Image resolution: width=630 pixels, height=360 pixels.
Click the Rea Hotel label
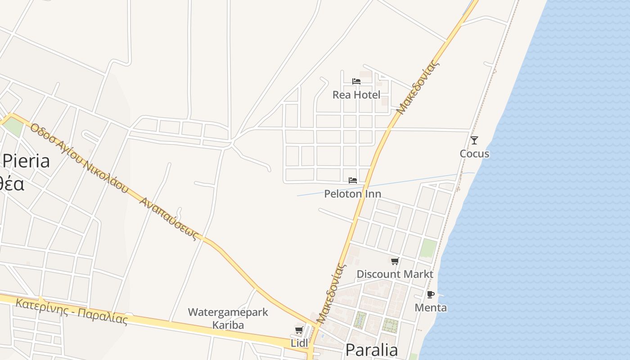[x=356, y=95]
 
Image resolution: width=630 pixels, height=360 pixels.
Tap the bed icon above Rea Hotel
[x=356, y=81]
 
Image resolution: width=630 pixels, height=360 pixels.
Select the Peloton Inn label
[x=353, y=194]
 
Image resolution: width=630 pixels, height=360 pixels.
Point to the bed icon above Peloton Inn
[x=353, y=180]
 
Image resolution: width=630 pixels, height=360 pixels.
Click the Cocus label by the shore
[x=474, y=154]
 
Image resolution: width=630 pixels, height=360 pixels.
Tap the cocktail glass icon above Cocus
[x=474, y=140]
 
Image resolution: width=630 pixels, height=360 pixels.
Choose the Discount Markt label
[x=395, y=274]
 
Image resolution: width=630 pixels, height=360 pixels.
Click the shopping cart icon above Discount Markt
[x=395, y=261]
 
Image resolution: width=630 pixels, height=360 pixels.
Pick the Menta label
[x=431, y=308]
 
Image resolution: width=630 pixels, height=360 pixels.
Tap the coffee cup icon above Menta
[x=431, y=295]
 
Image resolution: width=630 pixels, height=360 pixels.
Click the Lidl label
[x=299, y=343]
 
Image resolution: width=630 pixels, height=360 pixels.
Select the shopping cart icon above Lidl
[x=299, y=331]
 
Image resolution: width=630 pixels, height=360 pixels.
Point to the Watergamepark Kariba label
[x=228, y=319]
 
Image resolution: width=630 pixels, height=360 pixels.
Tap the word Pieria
[x=26, y=161]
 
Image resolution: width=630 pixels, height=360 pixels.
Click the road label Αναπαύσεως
[x=169, y=219]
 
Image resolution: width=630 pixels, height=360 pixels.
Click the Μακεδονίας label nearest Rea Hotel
[x=418, y=88]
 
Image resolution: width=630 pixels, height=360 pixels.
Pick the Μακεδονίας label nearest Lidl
[x=332, y=294]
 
